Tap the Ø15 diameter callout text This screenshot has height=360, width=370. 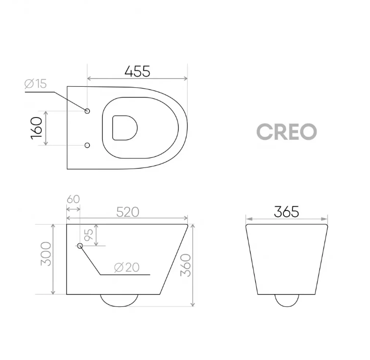35,84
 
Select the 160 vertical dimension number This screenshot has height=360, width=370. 36,128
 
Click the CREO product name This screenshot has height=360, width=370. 286,132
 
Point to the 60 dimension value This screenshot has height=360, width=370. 73,199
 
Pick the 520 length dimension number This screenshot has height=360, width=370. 128,211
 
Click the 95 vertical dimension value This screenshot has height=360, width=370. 88,235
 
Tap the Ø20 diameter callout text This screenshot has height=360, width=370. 124,266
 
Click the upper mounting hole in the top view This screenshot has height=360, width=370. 87,111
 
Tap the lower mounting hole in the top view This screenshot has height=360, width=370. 87,146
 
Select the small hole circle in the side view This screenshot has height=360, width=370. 80,246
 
